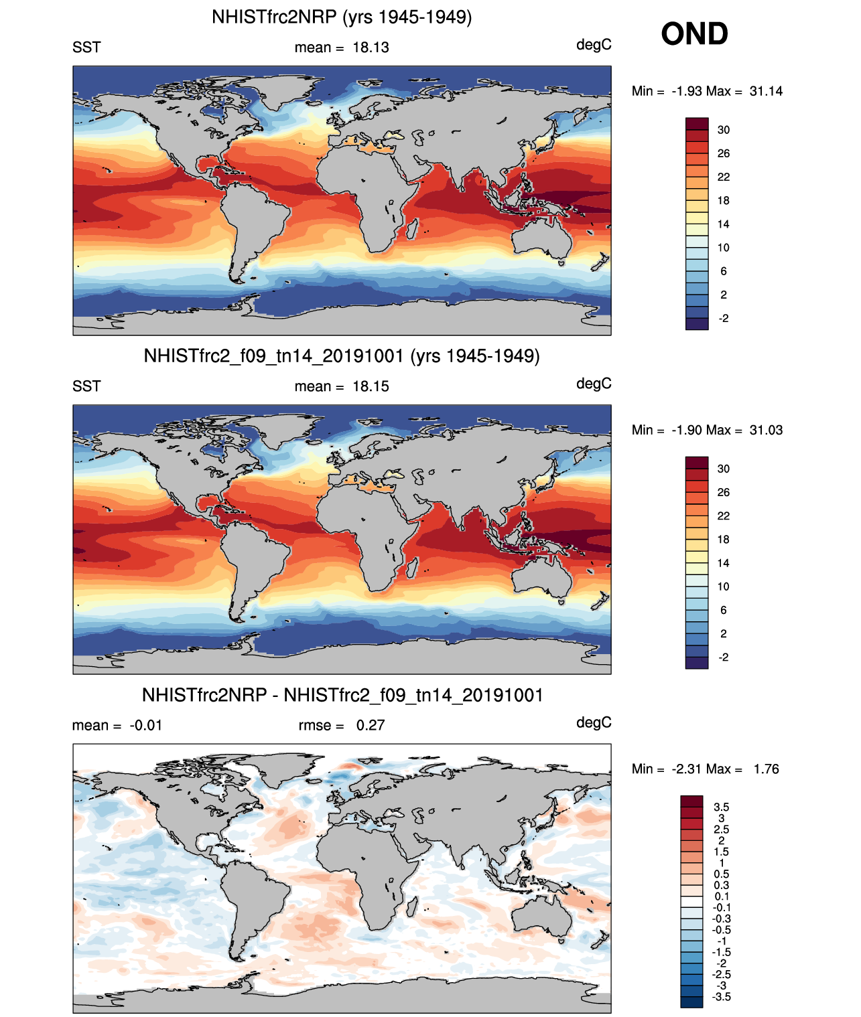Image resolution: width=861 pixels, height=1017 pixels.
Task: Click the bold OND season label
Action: (x=694, y=33)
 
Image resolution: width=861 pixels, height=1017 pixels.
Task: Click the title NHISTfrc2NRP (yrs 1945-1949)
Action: (x=342, y=17)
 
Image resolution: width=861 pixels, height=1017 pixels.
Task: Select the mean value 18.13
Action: (x=371, y=48)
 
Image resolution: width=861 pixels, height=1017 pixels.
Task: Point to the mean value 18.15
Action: (x=371, y=386)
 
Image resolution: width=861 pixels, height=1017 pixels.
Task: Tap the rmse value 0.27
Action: (x=371, y=725)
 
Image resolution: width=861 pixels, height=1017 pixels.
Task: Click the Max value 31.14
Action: (x=766, y=91)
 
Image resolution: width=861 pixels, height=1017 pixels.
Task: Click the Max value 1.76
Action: (x=766, y=769)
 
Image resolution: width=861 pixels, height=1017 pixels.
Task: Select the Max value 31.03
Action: (x=766, y=430)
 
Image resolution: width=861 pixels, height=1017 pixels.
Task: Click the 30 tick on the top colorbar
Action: (x=724, y=130)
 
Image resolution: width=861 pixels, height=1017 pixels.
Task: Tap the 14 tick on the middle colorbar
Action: (x=724, y=563)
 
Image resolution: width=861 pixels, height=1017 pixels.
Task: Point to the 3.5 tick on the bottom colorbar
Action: (x=722, y=807)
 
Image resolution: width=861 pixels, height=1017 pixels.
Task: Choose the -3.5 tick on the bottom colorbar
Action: (x=722, y=997)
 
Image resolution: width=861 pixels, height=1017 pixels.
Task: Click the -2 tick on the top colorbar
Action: (x=724, y=319)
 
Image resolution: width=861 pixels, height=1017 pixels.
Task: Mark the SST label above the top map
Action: (x=86, y=48)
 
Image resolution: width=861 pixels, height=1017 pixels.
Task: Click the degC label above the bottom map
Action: (x=594, y=722)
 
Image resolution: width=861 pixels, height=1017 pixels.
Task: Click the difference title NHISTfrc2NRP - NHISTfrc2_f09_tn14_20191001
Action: (x=342, y=695)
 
